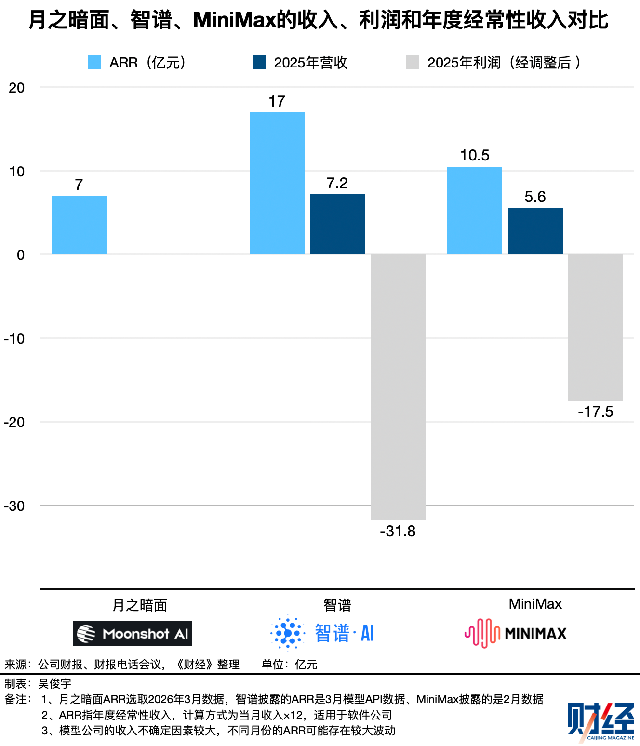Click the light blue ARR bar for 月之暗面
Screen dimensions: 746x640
point(79,225)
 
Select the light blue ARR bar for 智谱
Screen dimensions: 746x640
point(277,183)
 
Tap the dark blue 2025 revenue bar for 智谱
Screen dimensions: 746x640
point(337,224)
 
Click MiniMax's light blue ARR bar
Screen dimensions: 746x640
point(475,210)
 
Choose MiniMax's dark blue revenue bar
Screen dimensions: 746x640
point(535,231)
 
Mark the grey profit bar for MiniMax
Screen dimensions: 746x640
point(596,327)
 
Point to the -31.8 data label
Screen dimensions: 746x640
point(398,531)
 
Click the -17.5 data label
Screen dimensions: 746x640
point(596,412)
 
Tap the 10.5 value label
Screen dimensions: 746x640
point(475,155)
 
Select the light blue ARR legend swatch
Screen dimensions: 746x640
point(94,62)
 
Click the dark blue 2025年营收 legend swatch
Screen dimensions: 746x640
point(259,62)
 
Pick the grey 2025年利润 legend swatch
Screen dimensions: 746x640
point(413,62)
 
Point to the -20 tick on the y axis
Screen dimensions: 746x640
point(14,422)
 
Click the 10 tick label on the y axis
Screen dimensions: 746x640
point(17,172)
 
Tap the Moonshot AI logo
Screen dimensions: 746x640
point(132,633)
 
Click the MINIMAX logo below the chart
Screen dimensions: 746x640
point(516,633)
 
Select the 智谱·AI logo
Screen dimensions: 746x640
point(322,633)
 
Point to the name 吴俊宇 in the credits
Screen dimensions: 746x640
point(55,683)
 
